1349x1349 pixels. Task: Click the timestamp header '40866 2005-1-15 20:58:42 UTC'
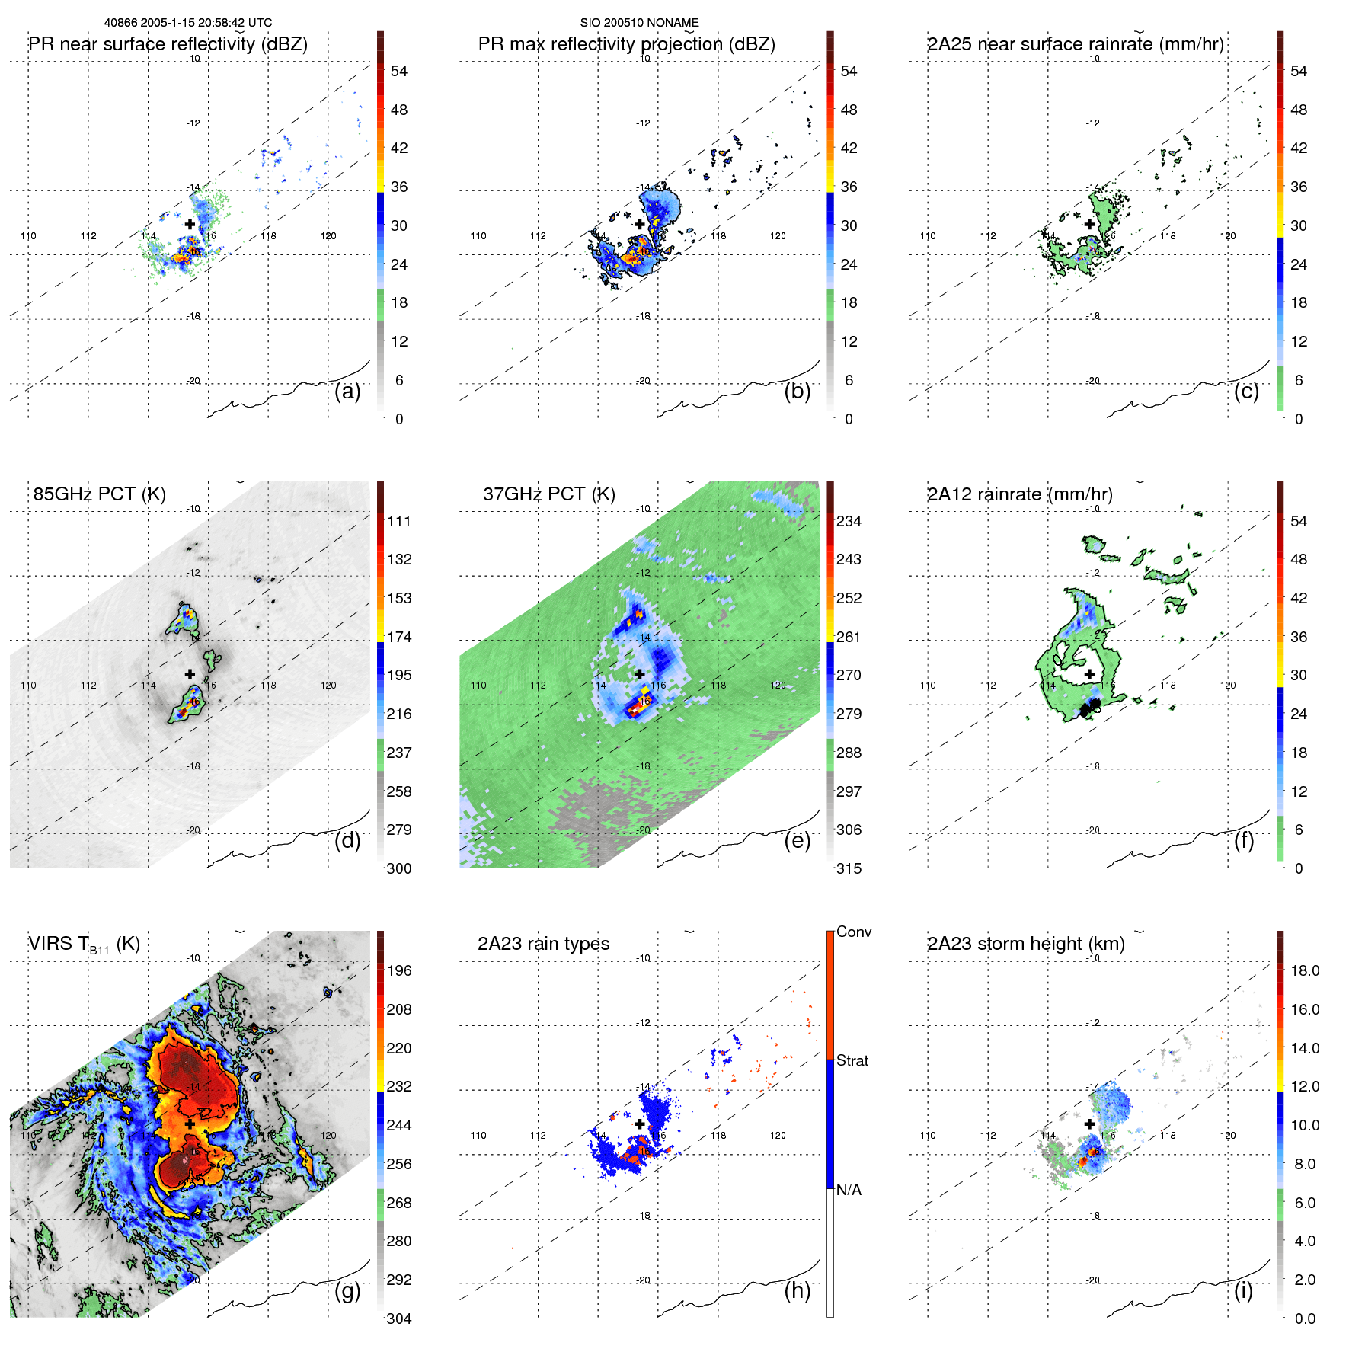point(188,23)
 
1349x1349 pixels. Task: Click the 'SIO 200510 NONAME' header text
point(639,23)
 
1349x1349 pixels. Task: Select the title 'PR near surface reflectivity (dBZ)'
point(168,44)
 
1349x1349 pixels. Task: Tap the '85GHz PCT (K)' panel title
point(99,494)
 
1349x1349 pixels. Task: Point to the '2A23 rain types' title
point(543,944)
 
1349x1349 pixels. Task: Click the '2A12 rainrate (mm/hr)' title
point(1019,494)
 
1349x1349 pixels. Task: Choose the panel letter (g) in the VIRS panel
point(347,1290)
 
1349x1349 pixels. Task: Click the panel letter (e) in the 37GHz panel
point(797,840)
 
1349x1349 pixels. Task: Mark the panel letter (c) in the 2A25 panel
point(1246,391)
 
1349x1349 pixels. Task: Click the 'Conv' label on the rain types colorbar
point(853,932)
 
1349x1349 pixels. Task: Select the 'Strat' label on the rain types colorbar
point(852,1060)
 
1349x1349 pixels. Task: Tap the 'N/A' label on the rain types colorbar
point(849,1190)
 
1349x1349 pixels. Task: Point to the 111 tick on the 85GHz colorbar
point(399,521)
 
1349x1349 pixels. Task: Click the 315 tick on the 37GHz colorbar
point(849,868)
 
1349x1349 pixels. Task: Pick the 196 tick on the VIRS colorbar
point(399,970)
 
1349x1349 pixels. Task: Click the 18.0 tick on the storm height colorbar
point(1305,970)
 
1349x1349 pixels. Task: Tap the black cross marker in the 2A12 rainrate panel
point(1089,674)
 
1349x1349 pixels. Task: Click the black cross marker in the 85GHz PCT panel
point(190,674)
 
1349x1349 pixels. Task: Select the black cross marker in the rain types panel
point(640,1124)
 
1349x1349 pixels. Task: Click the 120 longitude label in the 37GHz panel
point(778,685)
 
